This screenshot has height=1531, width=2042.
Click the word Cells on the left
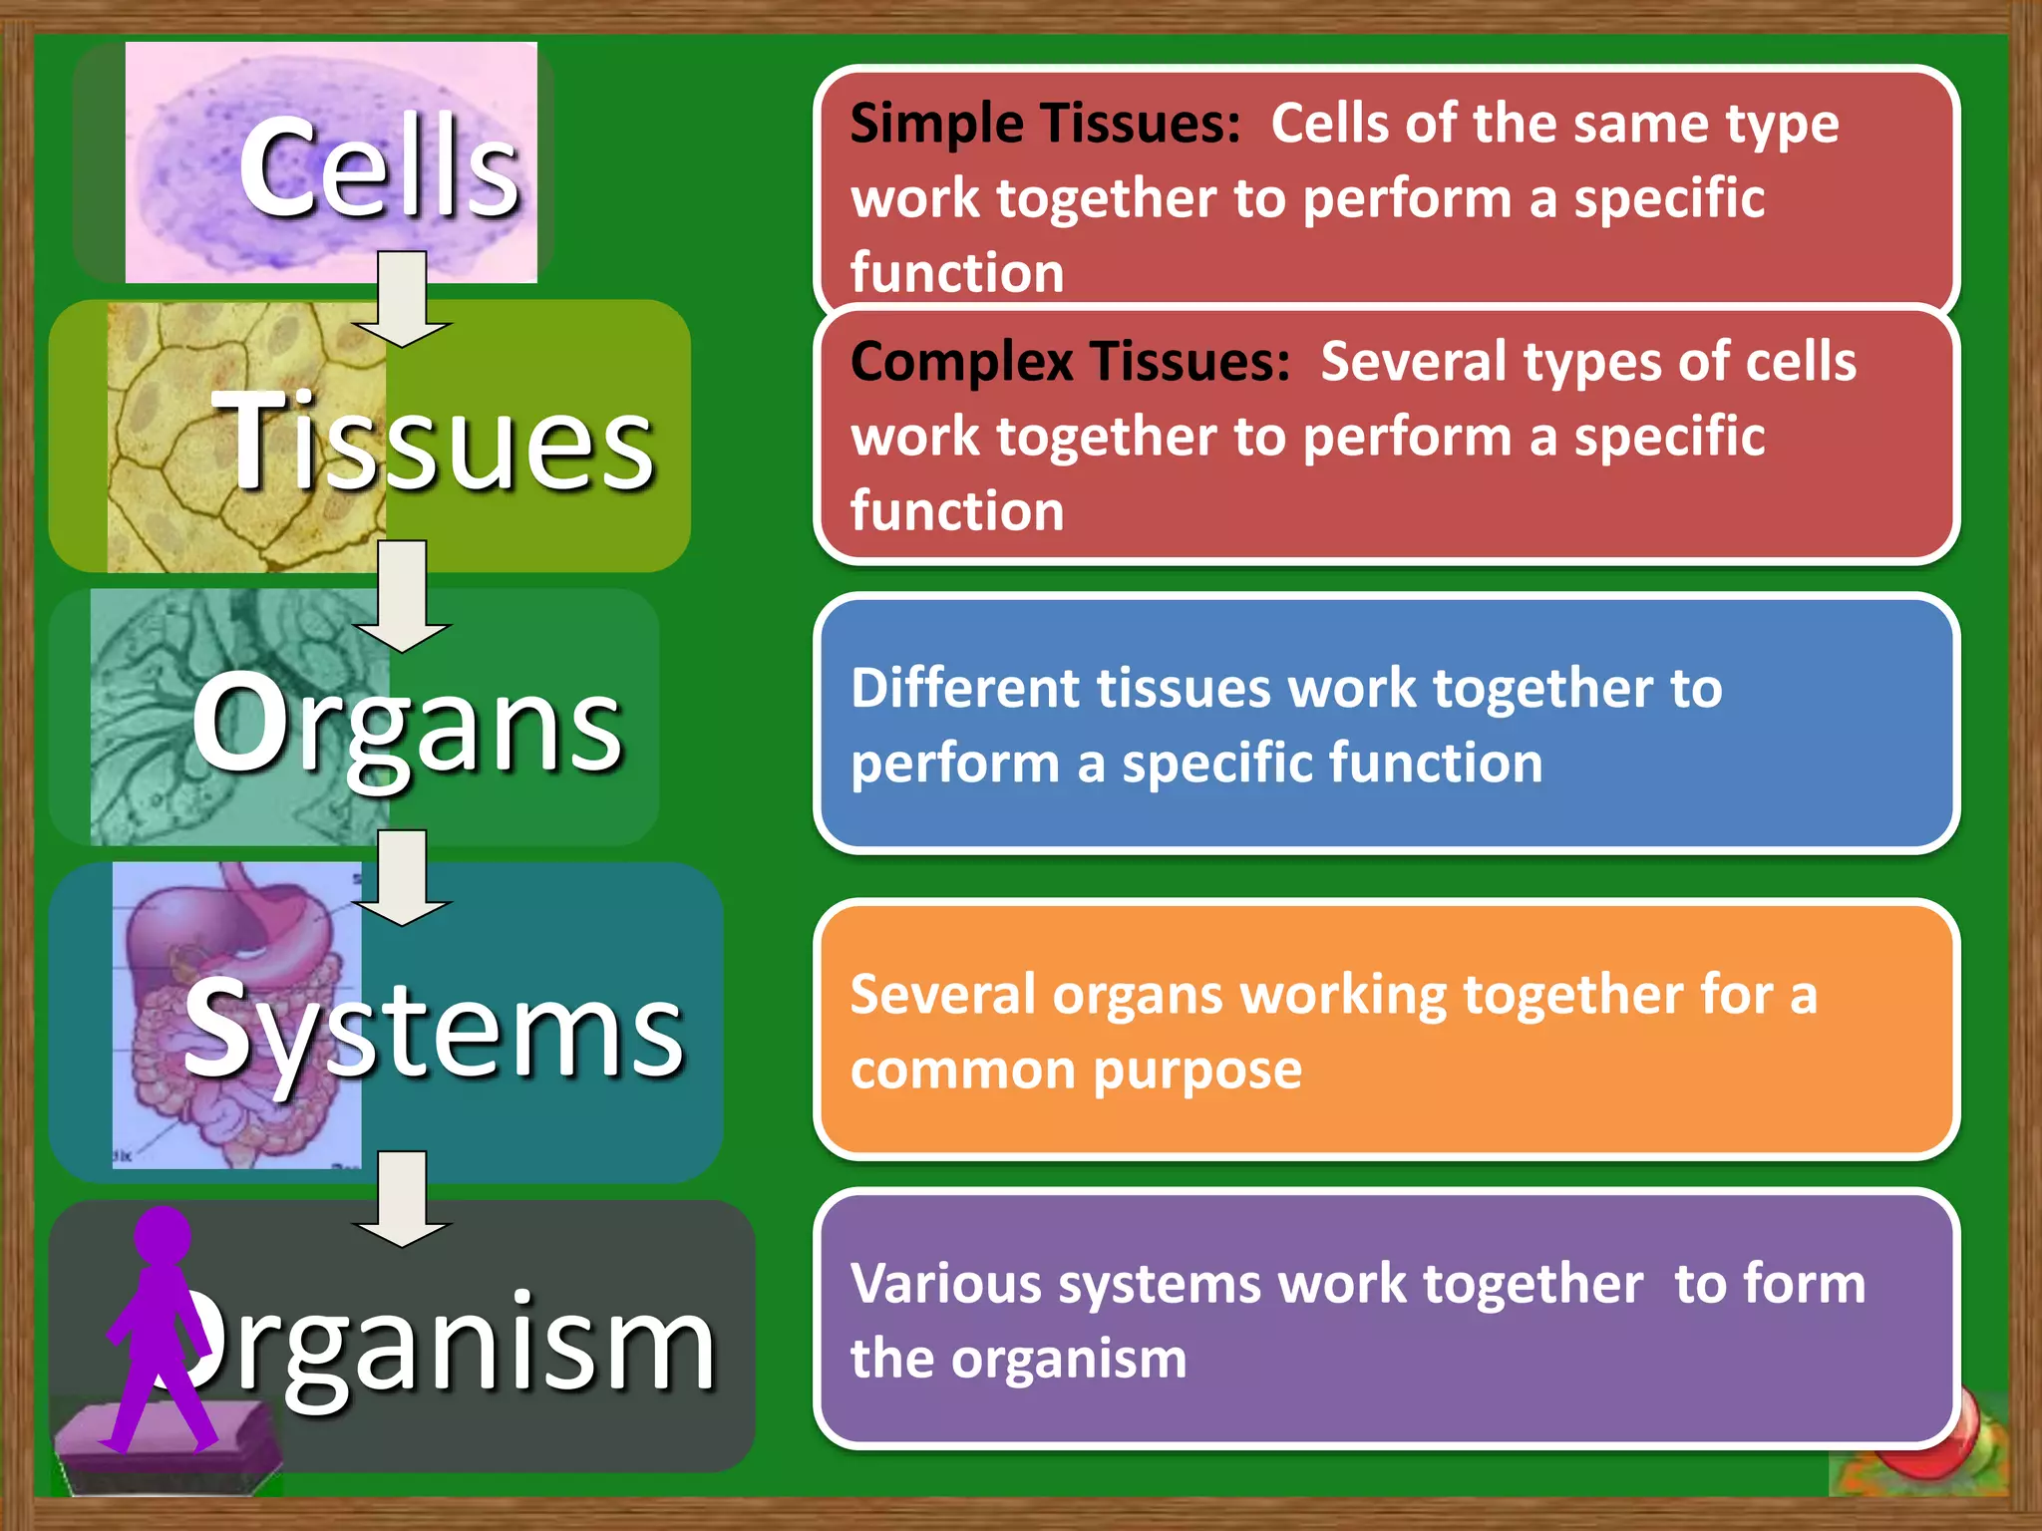[379, 167]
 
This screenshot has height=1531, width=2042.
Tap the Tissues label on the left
[433, 441]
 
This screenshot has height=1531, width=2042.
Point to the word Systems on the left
[434, 1029]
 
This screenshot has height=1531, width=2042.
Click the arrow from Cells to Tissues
[402, 299]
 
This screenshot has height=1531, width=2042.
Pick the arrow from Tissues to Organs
[402, 596]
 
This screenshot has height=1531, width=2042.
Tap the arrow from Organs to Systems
[402, 877]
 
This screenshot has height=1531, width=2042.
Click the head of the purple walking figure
[163, 1236]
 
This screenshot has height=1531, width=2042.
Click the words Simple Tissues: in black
[1045, 125]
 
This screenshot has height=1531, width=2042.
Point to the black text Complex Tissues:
[1070, 361]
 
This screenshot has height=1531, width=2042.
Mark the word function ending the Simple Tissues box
[957, 273]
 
